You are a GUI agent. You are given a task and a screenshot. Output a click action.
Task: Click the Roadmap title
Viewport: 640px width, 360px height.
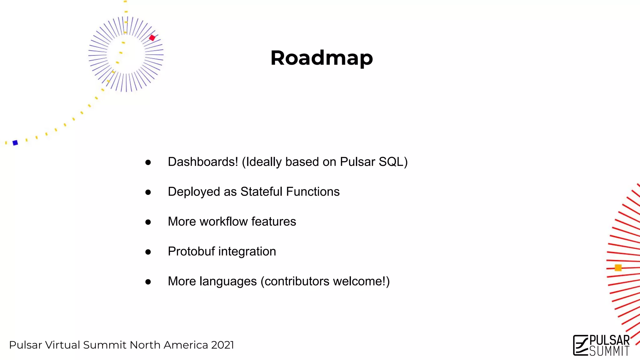[x=322, y=58]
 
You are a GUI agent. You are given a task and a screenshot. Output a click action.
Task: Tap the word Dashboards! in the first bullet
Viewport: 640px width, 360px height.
[x=203, y=162]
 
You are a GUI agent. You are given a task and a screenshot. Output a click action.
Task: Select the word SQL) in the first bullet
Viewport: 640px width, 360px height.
[x=393, y=162]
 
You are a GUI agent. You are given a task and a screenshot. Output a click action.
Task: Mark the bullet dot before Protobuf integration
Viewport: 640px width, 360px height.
[x=148, y=252]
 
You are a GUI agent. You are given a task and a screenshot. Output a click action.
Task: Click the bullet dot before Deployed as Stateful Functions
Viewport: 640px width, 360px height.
[x=148, y=192]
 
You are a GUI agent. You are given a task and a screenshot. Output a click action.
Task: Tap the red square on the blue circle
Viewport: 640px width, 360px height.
[x=152, y=38]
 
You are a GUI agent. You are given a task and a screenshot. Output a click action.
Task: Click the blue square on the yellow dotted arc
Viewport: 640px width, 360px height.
[x=15, y=143]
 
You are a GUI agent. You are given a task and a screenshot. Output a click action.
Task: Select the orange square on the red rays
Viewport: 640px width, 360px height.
[x=618, y=268]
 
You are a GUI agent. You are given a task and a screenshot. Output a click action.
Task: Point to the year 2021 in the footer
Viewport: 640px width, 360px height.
[x=222, y=345]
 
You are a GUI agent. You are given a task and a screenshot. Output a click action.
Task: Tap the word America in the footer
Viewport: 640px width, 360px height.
[x=186, y=345]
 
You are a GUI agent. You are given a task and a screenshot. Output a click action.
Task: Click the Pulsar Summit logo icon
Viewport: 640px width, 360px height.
[x=581, y=345]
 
